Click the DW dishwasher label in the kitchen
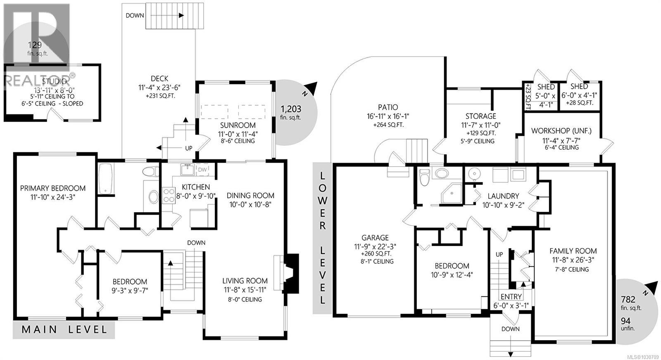[202, 169]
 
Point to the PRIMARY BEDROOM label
[53, 188]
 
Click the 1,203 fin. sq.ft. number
[291, 109]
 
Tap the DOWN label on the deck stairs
[135, 16]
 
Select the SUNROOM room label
[238, 125]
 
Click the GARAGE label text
[375, 238]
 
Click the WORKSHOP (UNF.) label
[561, 131]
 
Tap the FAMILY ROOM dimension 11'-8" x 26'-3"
[573, 260]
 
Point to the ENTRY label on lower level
[511, 297]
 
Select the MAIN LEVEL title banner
[64, 329]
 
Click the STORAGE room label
[480, 116]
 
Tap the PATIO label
[388, 107]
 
